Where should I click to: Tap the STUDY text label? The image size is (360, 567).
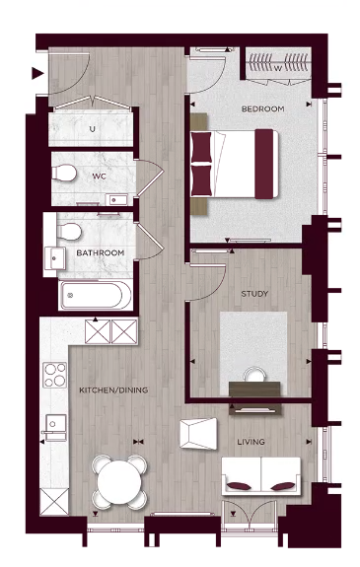click(255, 294)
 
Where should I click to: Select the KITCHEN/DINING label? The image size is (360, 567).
click(113, 390)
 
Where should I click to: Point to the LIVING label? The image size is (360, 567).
click(251, 442)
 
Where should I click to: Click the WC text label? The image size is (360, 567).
click(99, 177)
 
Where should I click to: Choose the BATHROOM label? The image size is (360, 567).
click(102, 253)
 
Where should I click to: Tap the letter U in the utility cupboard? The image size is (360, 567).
click(92, 128)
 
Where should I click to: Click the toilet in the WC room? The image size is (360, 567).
click(65, 173)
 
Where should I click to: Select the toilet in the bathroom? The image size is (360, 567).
click(69, 233)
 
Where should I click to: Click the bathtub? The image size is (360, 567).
click(92, 295)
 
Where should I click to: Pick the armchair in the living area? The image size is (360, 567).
click(200, 433)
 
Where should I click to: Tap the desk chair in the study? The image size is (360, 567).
click(254, 376)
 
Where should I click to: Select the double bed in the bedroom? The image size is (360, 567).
click(234, 162)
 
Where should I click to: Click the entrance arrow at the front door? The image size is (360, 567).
click(36, 72)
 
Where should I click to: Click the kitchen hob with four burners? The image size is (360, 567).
click(53, 376)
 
